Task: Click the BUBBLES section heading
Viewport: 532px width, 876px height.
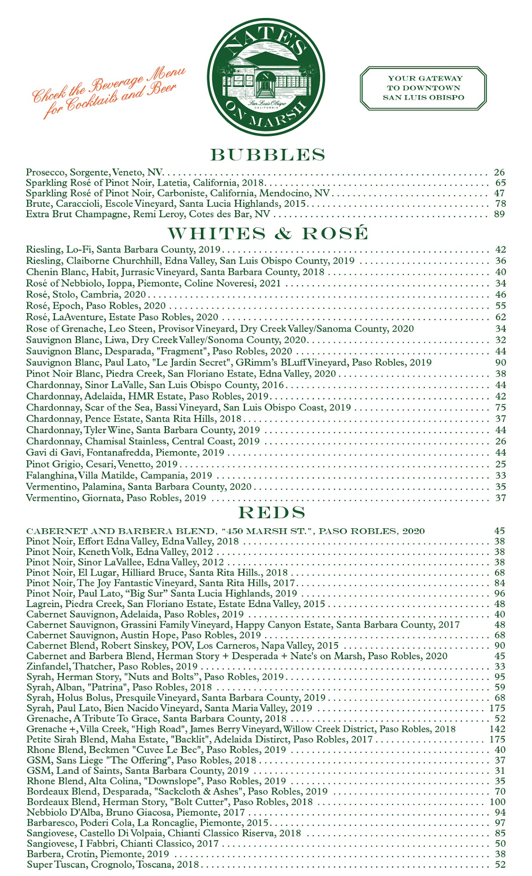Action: [x=268, y=155]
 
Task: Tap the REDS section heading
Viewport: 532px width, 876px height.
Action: [x=271, y=512]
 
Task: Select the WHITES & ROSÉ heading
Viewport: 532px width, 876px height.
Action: [x=268, y=233]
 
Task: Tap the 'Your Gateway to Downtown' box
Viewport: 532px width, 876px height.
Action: [x=423, y=88]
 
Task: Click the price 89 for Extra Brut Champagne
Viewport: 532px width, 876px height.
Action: [x=499, y=214]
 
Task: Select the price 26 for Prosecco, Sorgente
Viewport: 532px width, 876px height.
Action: [x=499, y=172]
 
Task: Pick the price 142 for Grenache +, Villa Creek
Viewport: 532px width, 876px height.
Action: [x=497, y=729]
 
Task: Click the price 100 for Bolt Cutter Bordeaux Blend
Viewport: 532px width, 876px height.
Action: [x=497, y=802]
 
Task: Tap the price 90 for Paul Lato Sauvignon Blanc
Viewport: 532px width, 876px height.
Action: [x=500, y=363]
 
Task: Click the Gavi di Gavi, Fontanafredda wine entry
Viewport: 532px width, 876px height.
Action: [x=125, y=452]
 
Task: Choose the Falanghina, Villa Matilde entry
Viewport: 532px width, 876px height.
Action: [x=119, y=475]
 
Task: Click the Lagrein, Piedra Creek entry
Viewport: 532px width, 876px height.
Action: [x=176, y=604]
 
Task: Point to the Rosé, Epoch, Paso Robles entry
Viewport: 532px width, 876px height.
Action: [x=96, y=306]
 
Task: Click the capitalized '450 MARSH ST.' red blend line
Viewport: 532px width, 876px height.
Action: [x=225, y=531]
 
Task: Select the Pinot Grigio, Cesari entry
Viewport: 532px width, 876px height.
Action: [x=102, y=464]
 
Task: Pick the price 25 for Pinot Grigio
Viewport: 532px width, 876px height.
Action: [x=500, y=464]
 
